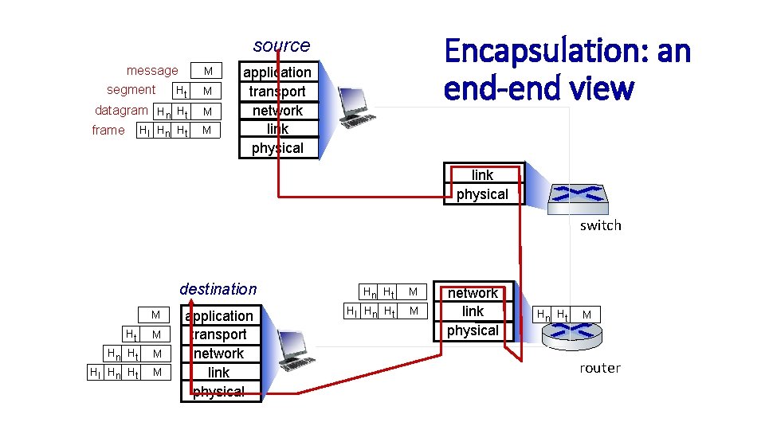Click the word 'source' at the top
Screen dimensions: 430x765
click(281, 45)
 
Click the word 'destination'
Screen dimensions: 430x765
click(218, 289)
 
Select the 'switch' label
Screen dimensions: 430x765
click(600, 225)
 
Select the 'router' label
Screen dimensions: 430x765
click(599, 368)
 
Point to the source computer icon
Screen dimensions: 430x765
click(355, 107)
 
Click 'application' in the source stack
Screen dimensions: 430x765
click(277, 72)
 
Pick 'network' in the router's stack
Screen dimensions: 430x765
click(473, 293)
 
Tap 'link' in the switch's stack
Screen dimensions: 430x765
click(482, 175)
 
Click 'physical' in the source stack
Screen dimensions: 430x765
click(277, 148)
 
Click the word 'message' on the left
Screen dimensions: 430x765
click(152, 71)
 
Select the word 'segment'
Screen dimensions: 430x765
click(131, 90)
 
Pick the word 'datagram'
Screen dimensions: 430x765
click(121, 110)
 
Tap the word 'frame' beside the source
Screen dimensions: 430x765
click(108, 130)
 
